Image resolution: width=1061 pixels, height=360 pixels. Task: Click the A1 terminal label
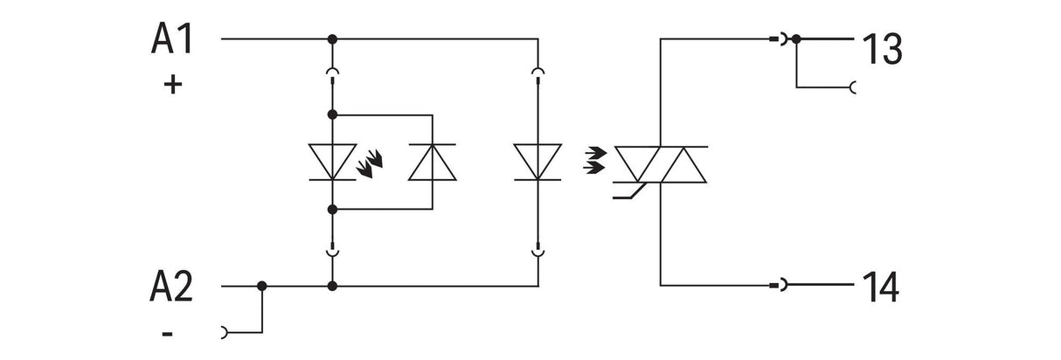pos(172,38)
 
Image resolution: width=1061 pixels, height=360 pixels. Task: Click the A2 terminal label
pos(171,287)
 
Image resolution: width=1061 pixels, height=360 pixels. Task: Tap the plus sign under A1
pos(173,85)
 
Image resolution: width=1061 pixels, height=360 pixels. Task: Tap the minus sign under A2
pos(167,334)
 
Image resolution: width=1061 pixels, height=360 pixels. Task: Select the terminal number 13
pos(882,49)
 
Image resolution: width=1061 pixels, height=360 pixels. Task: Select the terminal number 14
pos(881,287)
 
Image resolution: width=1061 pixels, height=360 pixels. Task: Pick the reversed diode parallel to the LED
pos(433,162)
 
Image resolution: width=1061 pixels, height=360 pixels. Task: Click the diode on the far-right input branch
pos(537,162)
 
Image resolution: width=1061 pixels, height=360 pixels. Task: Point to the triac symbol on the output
pos(660,164)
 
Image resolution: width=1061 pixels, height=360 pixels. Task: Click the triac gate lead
pos(629,192)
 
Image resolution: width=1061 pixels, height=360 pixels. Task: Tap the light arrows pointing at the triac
pos(595,161)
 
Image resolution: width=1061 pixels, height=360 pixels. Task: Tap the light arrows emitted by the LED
pos(370,163)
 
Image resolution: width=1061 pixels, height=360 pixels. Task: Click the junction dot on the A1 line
pos(332,38)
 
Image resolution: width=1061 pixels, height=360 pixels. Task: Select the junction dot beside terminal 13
pos(796,38)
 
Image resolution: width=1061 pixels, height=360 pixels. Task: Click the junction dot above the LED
pos(332,114)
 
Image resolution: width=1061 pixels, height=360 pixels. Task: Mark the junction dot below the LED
pos(332,209)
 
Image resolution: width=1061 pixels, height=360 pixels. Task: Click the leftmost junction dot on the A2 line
pos(262,286)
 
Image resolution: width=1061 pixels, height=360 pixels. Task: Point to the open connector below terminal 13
pos(852,87)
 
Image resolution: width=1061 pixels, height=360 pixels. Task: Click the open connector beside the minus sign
pos(225,333)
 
